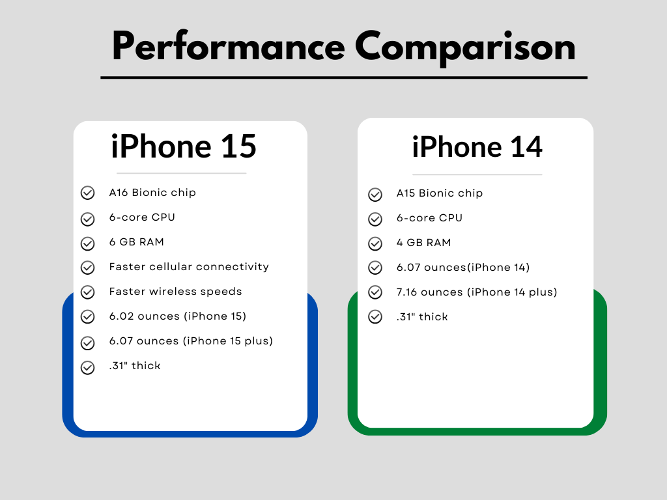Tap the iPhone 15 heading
184,146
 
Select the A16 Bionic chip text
152,193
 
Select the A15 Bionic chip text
440,193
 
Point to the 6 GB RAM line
137,242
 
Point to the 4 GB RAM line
423,243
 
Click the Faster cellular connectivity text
189,267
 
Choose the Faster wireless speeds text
175,292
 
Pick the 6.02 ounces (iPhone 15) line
178,316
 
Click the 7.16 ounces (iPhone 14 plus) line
477,292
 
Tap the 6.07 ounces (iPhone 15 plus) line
191,341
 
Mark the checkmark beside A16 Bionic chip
87,193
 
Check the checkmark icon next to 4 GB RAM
375,243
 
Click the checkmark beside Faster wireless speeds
87,292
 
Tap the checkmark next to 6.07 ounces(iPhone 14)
375,268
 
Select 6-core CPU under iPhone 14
429,218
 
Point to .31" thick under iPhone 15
135,366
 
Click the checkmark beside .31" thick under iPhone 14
375,317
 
